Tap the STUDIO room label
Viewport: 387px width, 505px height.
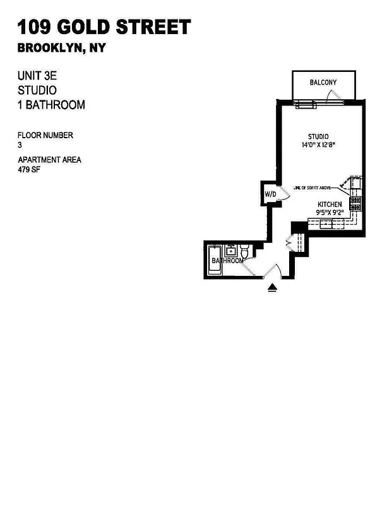(x=318, y=136)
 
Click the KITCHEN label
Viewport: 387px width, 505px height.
(x=330, y=205)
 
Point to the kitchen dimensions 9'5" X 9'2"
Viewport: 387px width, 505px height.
(x=330, y=213)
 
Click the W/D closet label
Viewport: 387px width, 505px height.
(x=270, y=194)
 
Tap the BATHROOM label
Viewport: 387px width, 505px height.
(x=227, y=261)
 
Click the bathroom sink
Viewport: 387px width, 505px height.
(x=231, y=251)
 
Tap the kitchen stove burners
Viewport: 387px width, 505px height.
(x=356, y=203)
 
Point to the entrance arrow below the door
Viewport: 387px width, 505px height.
(x=272, y=288)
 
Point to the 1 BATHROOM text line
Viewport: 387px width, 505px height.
(x=51, y=105)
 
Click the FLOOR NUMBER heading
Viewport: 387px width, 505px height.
(x=45, y=135)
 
